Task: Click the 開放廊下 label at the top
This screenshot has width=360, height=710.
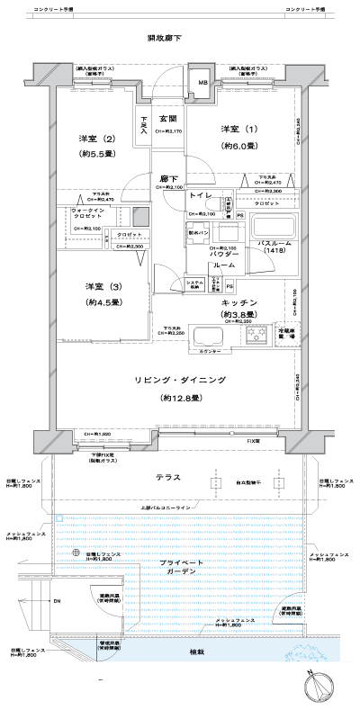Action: (165, 38)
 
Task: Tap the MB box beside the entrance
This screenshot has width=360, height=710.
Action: (202, 84)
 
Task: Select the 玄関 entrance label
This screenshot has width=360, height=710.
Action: (168, 119)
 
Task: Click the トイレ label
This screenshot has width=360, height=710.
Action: (201, 195)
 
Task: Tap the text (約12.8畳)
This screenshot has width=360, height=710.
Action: (180, 398)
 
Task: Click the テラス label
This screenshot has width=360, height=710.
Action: (167, 479)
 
